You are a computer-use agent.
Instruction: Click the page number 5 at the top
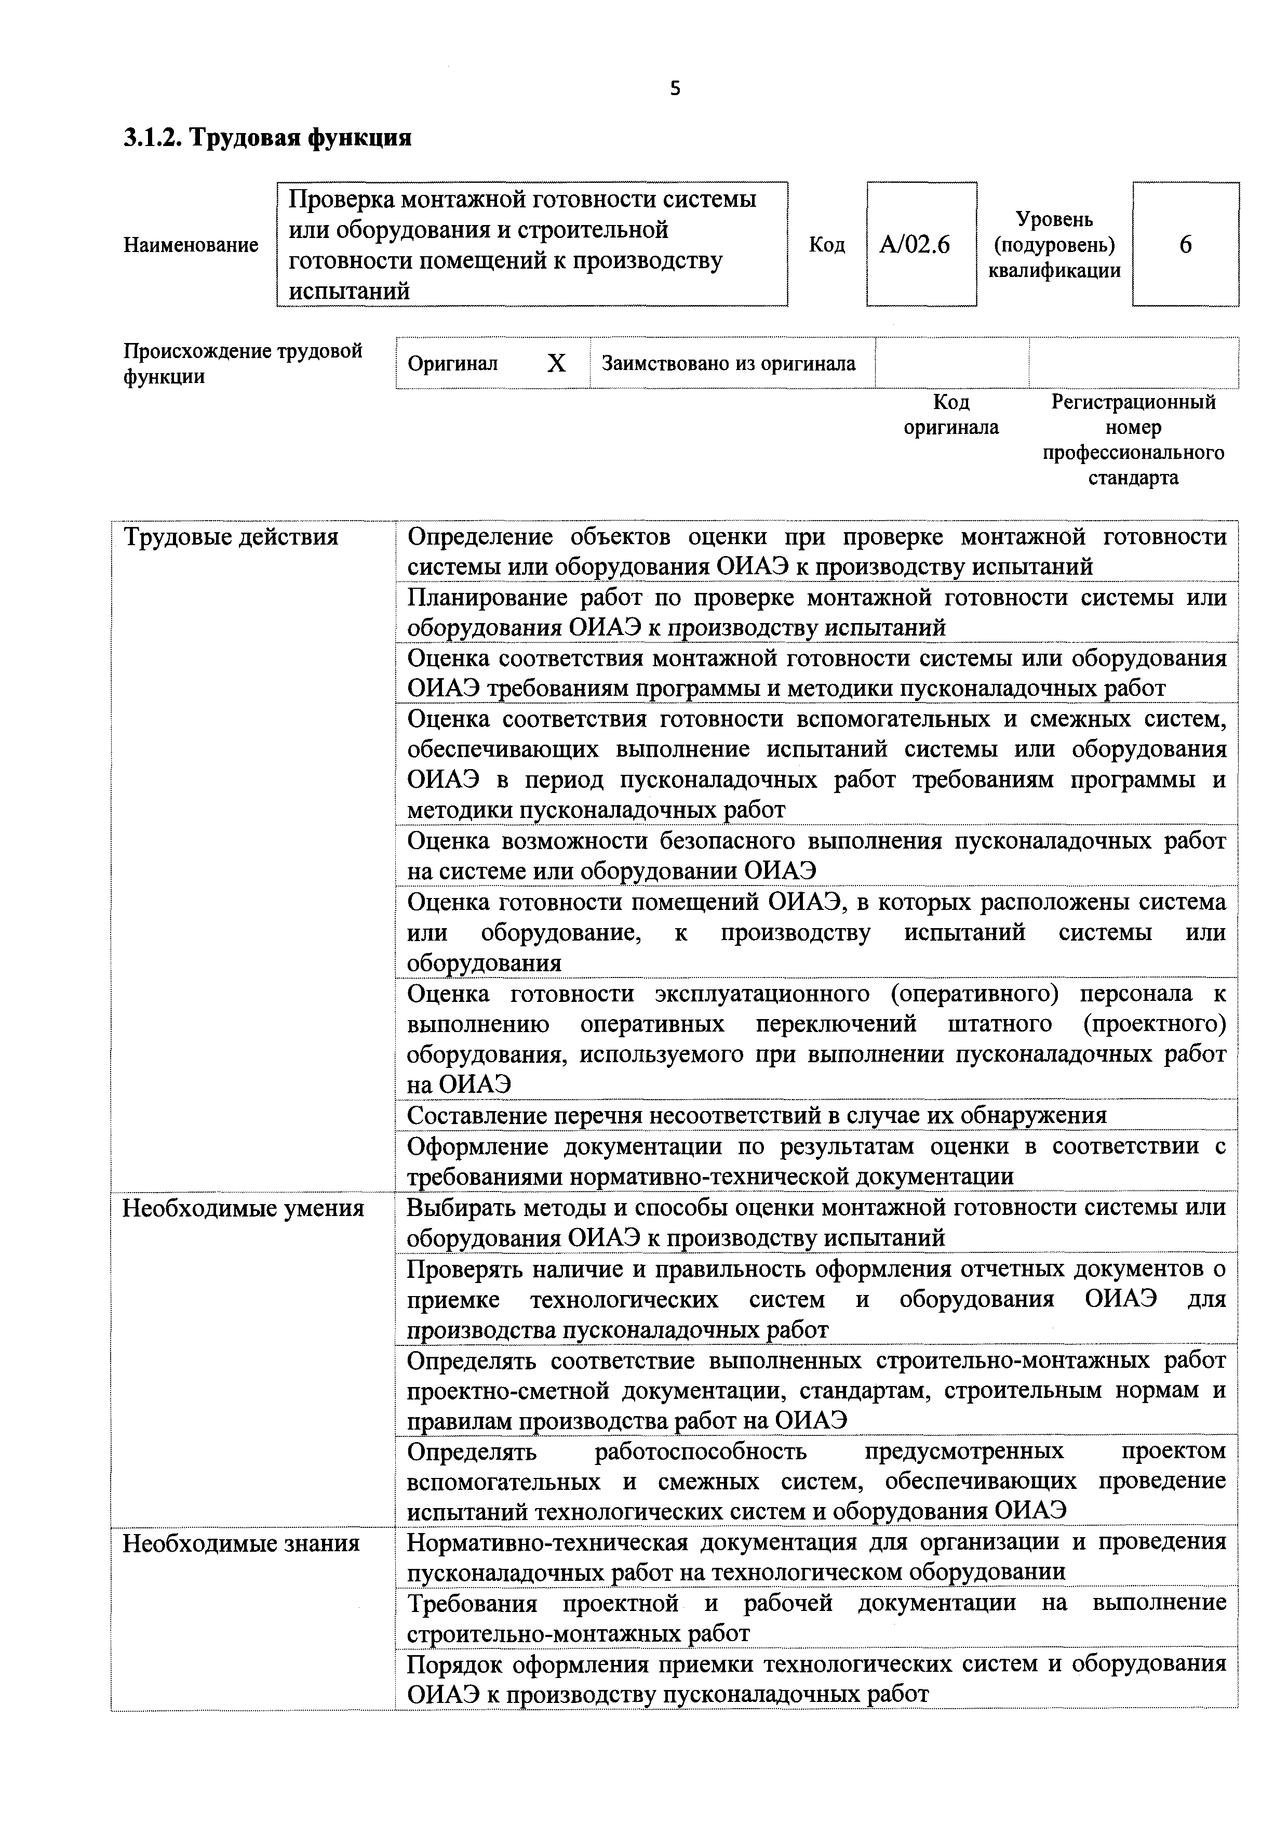click(675, 89)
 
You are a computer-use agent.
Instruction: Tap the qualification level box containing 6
click(1185, 245)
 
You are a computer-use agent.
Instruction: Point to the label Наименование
click(191, 245)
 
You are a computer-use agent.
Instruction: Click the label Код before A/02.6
click(826, 245)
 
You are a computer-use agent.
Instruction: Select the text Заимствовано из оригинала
click(729, 364)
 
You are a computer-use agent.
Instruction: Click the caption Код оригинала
click(951, 415)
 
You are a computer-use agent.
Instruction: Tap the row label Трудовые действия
click(230, 537)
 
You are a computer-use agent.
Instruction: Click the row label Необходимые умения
click(243, 1208)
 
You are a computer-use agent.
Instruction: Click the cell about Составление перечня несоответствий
click(756, 1116)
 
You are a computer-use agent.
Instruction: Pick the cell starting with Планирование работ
click(816, 612)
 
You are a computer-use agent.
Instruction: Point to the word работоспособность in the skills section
click(700, 1451)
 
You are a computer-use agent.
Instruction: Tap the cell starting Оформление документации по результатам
click(816, 1161)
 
